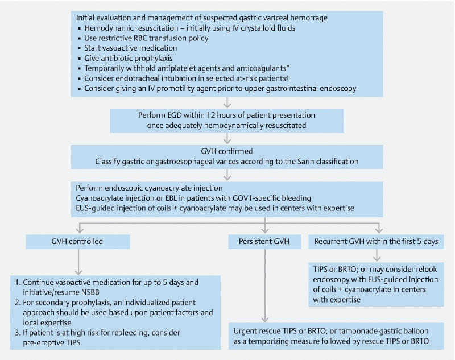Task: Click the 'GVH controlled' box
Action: [78, 242]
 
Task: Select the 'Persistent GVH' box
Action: [264, 242]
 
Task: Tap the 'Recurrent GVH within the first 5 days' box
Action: [376, 242]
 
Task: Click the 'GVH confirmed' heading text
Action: [227, 151]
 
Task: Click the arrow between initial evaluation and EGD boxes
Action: [227, 103]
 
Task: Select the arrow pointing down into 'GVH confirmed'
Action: [227, 139]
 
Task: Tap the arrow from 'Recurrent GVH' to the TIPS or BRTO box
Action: [377, 255]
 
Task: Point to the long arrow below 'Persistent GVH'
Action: [264, 285]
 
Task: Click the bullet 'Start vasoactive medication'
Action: [131, 48]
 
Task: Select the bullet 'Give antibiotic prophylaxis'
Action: [129, 59]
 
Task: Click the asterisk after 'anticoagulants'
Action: [288, 67]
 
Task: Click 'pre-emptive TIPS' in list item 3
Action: [51, 342]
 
